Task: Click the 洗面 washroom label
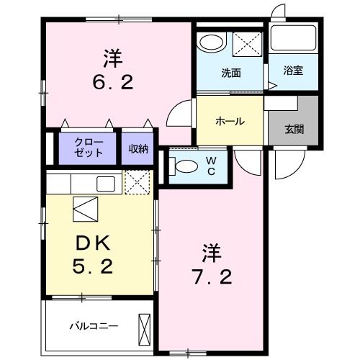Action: (x=230, y=73)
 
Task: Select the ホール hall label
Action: (x=230, y=121)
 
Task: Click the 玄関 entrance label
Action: (x=293, y=130)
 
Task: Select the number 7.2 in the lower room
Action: (x=211, y=276)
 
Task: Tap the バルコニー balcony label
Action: (x=93, y=325)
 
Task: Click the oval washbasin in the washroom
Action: (x=211, y=42)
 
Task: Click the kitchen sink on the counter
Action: (x=105, y=183)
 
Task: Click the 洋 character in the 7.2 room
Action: (x=211, y=253)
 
